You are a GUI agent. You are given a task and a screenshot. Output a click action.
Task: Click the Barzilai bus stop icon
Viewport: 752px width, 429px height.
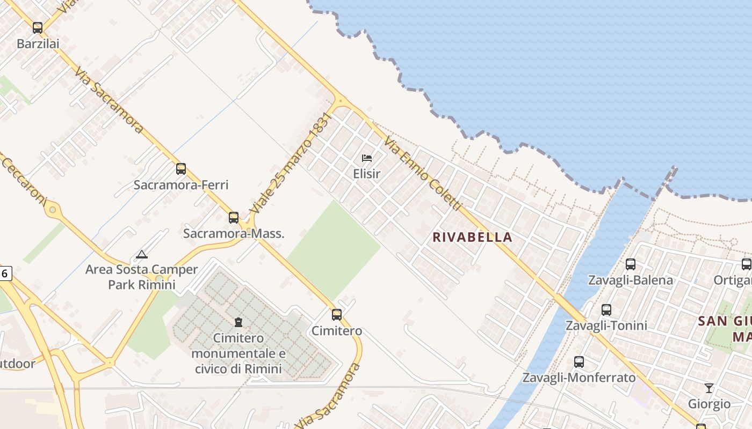coord(38,28)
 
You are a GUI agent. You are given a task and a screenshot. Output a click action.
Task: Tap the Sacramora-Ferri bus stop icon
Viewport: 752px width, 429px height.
coord(181,169)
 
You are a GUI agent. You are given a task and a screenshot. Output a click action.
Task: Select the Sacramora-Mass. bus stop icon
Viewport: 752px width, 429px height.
coord(234,218)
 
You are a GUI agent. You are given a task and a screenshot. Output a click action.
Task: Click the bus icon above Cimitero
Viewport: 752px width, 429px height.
coord(337,315)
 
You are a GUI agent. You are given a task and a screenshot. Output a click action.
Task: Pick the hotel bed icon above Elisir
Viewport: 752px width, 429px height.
coord(367,158)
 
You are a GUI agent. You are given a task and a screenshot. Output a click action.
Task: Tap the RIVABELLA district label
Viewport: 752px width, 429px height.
coord(473,237)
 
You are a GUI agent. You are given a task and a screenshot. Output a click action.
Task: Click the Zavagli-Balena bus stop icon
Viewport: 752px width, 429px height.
coord(631,264)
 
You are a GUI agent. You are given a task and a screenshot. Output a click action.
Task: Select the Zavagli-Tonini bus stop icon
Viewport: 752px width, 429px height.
coord(606,310)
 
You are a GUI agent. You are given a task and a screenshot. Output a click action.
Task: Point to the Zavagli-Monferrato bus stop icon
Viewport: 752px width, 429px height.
coord(579,362)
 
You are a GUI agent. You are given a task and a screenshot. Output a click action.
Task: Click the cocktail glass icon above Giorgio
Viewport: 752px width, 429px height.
coord(709,388)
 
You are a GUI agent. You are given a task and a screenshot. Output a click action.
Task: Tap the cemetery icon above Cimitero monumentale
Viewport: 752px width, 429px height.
coord(238,322)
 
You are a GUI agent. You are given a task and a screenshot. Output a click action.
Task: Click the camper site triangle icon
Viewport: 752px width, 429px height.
coord(141,254)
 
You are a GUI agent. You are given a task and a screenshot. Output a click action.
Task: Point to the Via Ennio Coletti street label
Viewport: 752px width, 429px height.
coord(423,173)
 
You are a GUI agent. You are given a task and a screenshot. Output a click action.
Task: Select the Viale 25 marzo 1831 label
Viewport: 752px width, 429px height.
coord(284,163)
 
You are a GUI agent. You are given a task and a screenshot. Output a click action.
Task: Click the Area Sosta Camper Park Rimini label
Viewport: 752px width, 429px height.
coord(142,277)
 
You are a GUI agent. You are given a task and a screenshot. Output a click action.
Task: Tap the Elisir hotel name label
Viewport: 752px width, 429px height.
coord(367,174)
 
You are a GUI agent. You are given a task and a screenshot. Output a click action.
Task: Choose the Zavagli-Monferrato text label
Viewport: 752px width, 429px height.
coord(579,378)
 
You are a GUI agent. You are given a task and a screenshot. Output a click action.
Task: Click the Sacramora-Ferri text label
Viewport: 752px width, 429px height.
coord(181,185)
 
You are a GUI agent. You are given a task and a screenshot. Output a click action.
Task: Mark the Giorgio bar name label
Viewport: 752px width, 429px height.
coord(710,404)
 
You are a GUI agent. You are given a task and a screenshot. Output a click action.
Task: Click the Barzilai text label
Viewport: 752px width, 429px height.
coord(38,43)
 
